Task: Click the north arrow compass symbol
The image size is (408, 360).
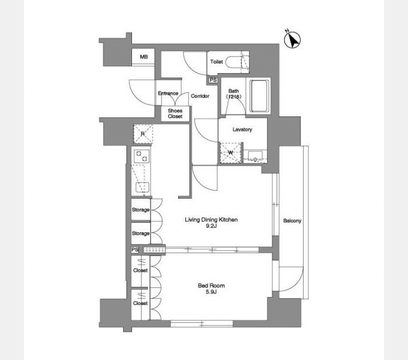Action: coord(292,40)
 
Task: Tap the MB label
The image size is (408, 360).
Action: coord(143,56)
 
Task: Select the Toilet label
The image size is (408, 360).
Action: coord(217,62)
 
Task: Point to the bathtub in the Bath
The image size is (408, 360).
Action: coord(259,96)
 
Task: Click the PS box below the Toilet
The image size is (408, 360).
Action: coord(213,80)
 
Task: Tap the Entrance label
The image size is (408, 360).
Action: coord(168,93)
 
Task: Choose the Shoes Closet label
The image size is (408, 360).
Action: coord(175,113)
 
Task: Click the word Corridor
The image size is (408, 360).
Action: coord(200,96)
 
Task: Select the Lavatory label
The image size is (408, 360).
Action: coord(242,129)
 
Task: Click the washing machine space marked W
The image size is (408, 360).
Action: coord(230,153)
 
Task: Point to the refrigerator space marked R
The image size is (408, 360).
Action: coord(143,134)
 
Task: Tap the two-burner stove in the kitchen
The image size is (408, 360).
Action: coord(142,156)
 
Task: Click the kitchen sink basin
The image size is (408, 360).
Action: coord(143,187)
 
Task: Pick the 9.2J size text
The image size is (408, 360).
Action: coord(211,226)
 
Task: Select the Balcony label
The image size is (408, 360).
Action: coord(292,221)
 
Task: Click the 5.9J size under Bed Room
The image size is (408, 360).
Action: coord(211,292)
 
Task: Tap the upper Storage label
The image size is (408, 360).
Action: coord(140,209)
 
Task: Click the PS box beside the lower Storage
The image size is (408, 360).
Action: coord(134,250)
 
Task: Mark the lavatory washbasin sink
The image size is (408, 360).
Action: coord(255,156)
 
